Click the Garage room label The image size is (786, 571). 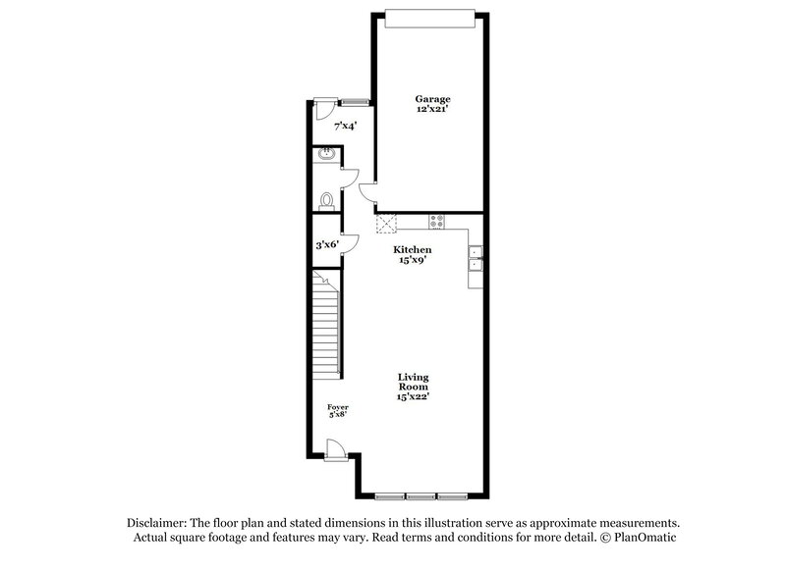tap(431, 99)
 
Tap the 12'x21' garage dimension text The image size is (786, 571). tap(431, 110)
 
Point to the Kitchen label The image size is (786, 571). tap(414, 250)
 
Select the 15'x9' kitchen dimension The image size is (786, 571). tap(414, 261)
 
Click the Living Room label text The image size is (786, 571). tap(414, 381)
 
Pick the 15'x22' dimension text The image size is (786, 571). tap(414, 396)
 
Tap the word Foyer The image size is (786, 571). tap(338, 406)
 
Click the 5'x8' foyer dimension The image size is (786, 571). tap(338, 414)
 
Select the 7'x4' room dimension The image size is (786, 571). tap(344, 126)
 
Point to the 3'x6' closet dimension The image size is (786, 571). tap(326, 243)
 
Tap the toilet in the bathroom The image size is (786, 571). tap(327, 199)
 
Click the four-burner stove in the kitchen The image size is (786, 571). tap(436, 222)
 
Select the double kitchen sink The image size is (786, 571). tap(476, 258)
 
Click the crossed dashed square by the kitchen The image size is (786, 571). tap(384, 223)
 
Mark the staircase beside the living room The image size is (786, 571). tap(325, 325)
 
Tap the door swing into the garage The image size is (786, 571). tap(365, 192)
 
